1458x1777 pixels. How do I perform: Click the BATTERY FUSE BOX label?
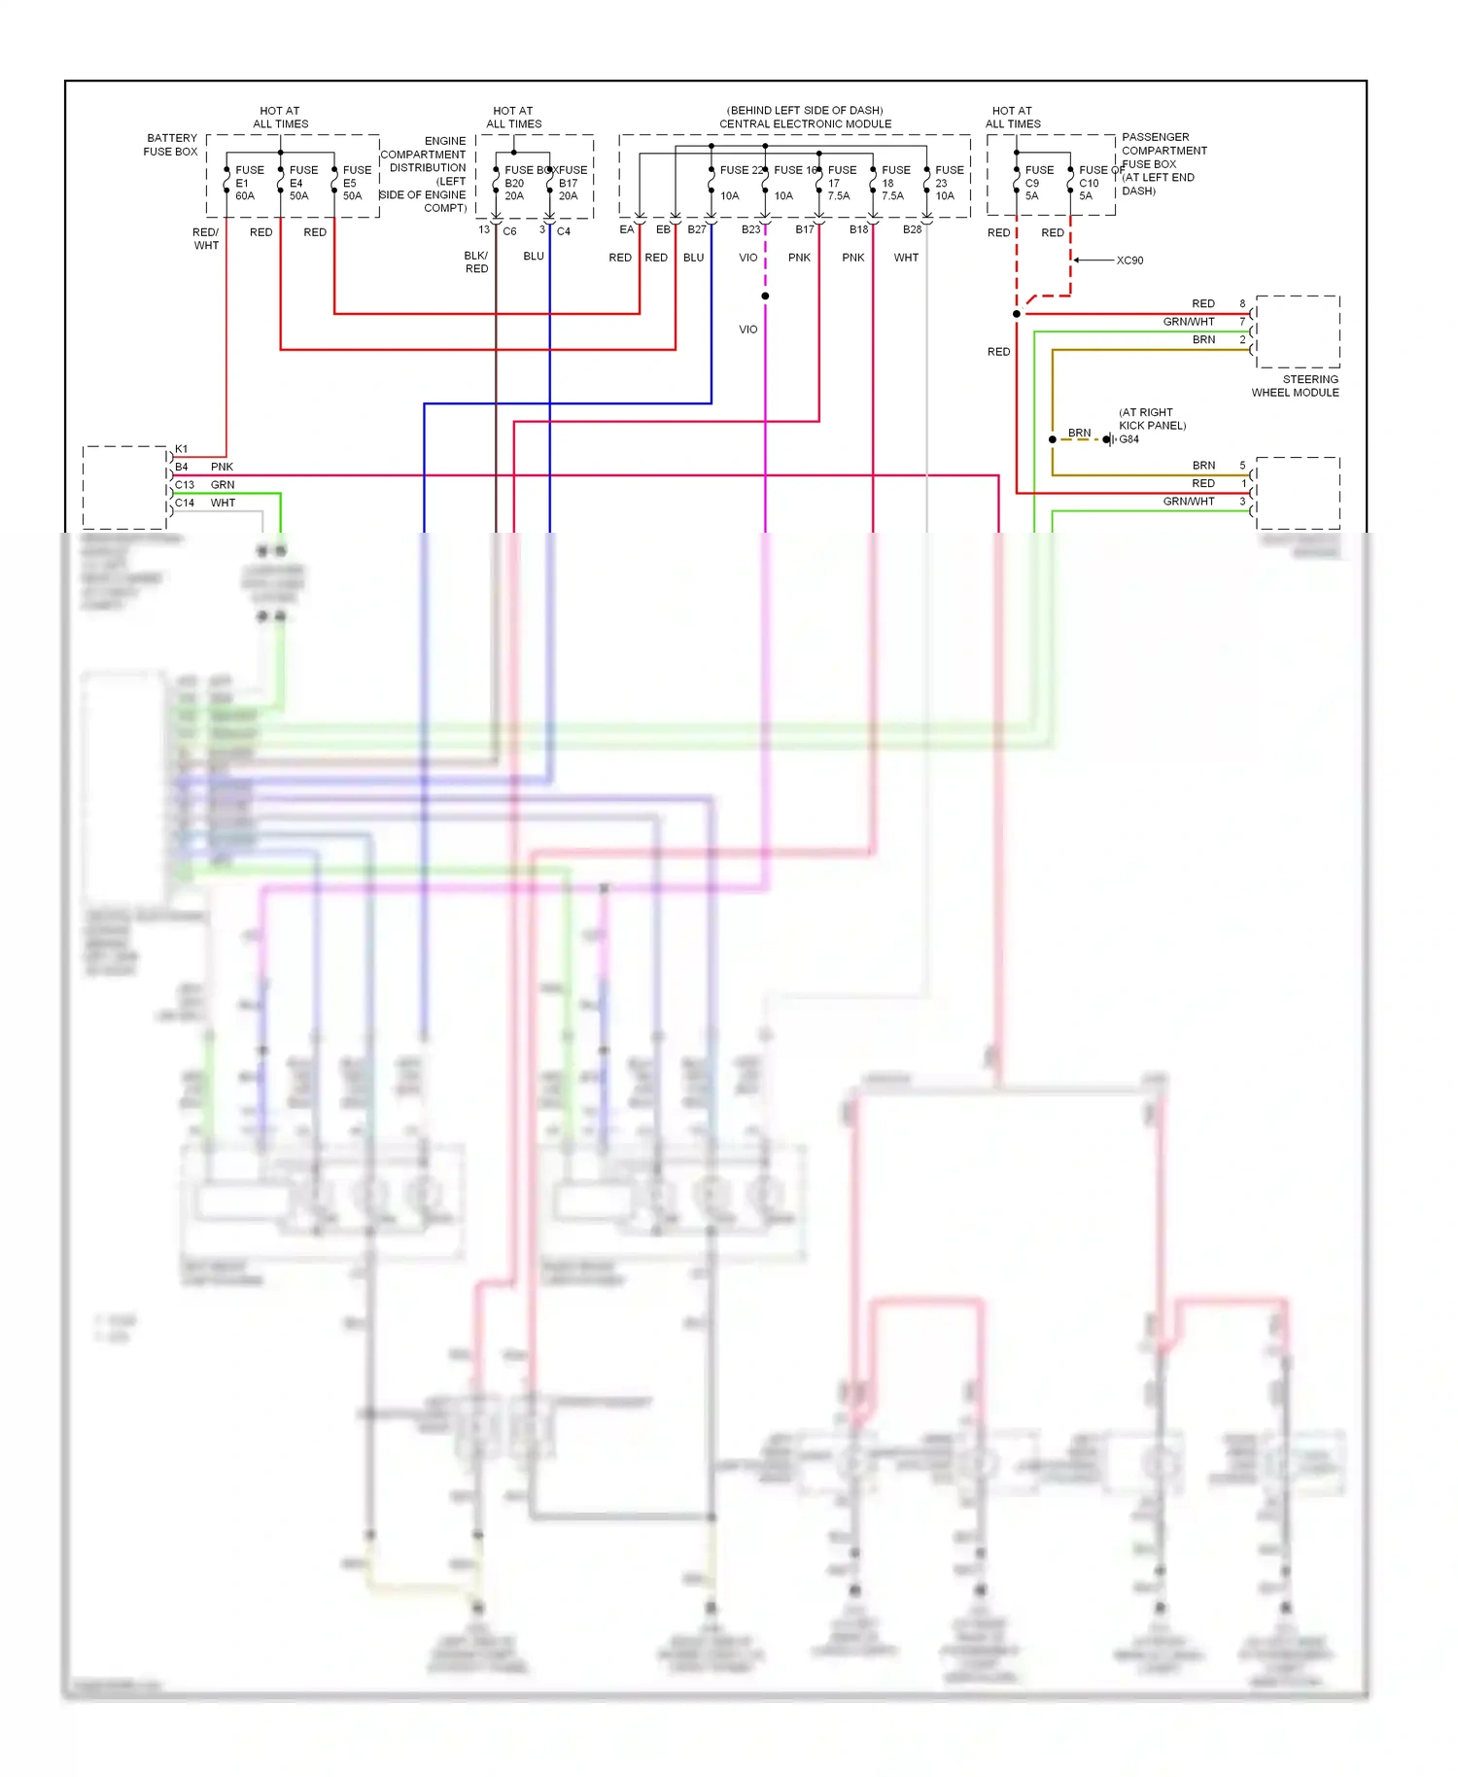[x=171, y=145]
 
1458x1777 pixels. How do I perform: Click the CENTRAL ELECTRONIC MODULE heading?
[x=805, y=123]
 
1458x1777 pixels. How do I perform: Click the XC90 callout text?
[x=1129, y=261]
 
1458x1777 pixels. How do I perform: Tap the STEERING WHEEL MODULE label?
[x=1295, y=386]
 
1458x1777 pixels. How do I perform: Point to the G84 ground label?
[x=1128, y=439]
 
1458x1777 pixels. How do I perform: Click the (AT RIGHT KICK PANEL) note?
[x=1152, y=419]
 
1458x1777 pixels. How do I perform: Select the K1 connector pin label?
[x=182, y=449]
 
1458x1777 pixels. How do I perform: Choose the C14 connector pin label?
[x=185, y=503]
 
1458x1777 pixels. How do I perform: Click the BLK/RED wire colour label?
[x=476, y=262]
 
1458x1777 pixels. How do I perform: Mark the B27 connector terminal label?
[x=697, y=230]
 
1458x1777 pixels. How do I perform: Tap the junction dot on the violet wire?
[x=765, y=296]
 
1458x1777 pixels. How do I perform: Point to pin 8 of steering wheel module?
[x=1242, y=303]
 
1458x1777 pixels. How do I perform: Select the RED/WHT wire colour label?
[x=206, y=239]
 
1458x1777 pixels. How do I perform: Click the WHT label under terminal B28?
[x=906, y=258]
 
